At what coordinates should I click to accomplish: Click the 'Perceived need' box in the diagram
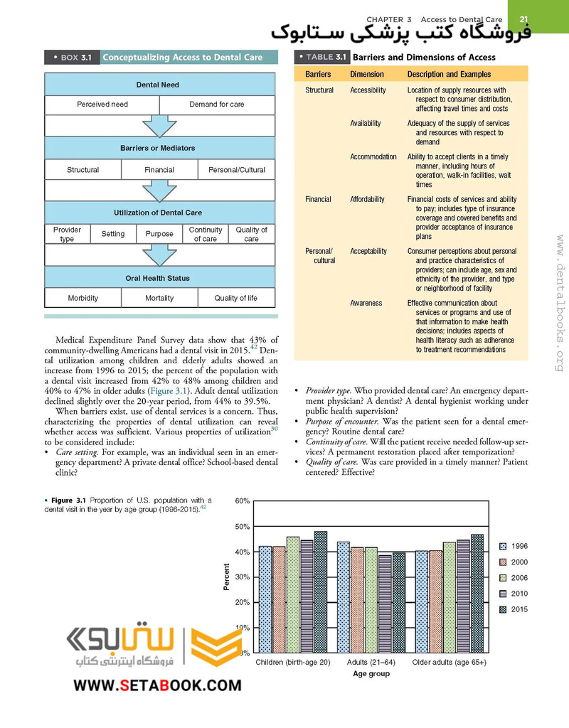(x=102, y=105)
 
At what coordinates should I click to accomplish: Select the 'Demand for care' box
(x=217, y=105)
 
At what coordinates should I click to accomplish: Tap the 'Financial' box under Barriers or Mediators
(x=159, y=170)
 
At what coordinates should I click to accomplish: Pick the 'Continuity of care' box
(x=206, y=235)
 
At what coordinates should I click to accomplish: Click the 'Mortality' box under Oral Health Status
(x=159, y=298)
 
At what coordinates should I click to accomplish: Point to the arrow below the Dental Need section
(x=159, y=126)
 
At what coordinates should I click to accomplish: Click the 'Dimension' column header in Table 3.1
(x=367, y=74)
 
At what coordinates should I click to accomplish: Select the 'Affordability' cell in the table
(x=368, y=200)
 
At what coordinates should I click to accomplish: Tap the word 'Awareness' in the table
(x=366, y=303)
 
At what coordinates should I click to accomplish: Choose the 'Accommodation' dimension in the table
(x=373, y=156)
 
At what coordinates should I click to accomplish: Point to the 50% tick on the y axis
(x=242, y=527)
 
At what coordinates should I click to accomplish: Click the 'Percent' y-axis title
(x=227, y=577)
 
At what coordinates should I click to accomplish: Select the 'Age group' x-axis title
(x=371, y=674)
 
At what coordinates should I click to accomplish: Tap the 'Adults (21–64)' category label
(x=371, y=663)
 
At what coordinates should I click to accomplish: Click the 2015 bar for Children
(x=321, y=592)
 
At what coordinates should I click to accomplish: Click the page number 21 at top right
(x=523, y=19)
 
